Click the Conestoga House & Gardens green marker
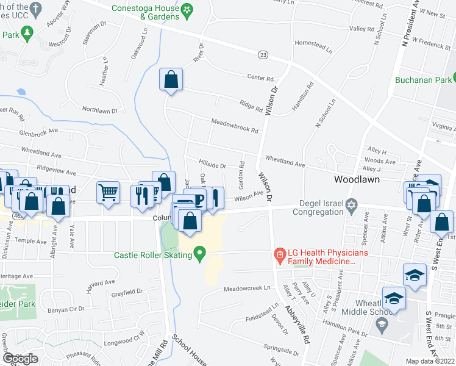[187, 9]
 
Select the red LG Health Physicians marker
[280, 253]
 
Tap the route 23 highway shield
[263, 55]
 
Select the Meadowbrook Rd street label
[235, 126]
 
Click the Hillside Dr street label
[212, 165]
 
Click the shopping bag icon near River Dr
[171, 79]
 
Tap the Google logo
[20, 359]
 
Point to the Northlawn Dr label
[99, 110]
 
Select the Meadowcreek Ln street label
[247, 289]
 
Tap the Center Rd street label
[260, 77]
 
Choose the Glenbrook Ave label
[38, 131]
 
